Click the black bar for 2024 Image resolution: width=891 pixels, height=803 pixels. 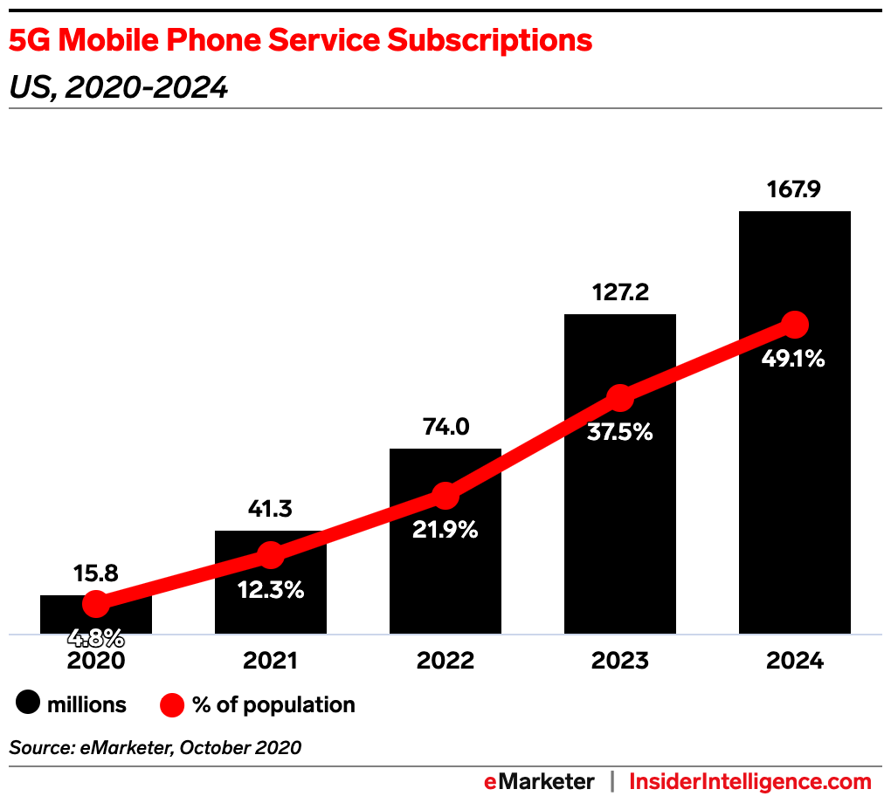pyautogui.click(x=794, y=489)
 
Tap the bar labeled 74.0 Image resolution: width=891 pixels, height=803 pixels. pyautogui.click(x=445, y=567)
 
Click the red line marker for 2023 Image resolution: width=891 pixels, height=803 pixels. pyautogui.click(x=620, y=398)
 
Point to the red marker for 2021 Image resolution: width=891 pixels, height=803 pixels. pyautogui.click(x=271, y=555)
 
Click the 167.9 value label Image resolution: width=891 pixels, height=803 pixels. pyautogui.click(x=794, y=189)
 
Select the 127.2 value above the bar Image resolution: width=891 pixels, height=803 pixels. pyautogui.click(x=619, y=292)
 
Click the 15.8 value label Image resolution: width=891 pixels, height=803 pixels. pyautogui.click(x=96, y=573)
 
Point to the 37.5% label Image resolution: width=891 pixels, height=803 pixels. pyautogui.click(x=620, y=431)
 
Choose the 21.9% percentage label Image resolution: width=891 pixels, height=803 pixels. pyautogui.click(x=445, y=529)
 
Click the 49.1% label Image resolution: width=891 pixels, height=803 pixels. pyautogui.click(x=794, y=358)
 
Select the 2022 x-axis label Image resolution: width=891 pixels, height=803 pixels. pyautogui.click(x=445, y=661)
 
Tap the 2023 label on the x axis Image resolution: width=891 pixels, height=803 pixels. pyautogui.click(x=620, y=661)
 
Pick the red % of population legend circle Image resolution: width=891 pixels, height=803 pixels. pyautogui.click(x=172, y=704)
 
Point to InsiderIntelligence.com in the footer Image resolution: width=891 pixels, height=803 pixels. pyautogui.click(x=750, y=781)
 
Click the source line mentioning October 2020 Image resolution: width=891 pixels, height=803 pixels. pyautogui.click(x=155, y=747)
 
